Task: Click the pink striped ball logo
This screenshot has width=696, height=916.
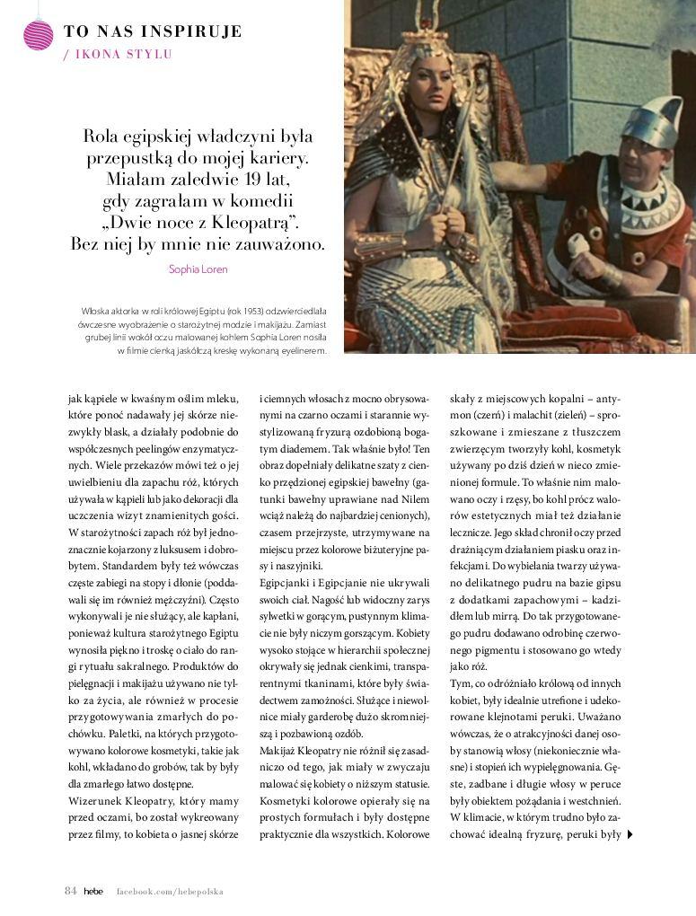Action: pos(39,35)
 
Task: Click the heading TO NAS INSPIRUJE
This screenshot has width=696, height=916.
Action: pos(153,32)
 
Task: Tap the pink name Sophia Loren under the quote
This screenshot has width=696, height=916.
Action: pos(198,269)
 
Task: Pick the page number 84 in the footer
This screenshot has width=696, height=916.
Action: pos(70,891)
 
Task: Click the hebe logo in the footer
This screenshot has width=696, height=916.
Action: pos(93,891)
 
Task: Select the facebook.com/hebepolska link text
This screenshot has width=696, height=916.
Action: pos(170,891)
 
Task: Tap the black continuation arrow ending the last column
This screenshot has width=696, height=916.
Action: pos(630,834)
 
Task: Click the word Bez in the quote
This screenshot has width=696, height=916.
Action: pos(85,243)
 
